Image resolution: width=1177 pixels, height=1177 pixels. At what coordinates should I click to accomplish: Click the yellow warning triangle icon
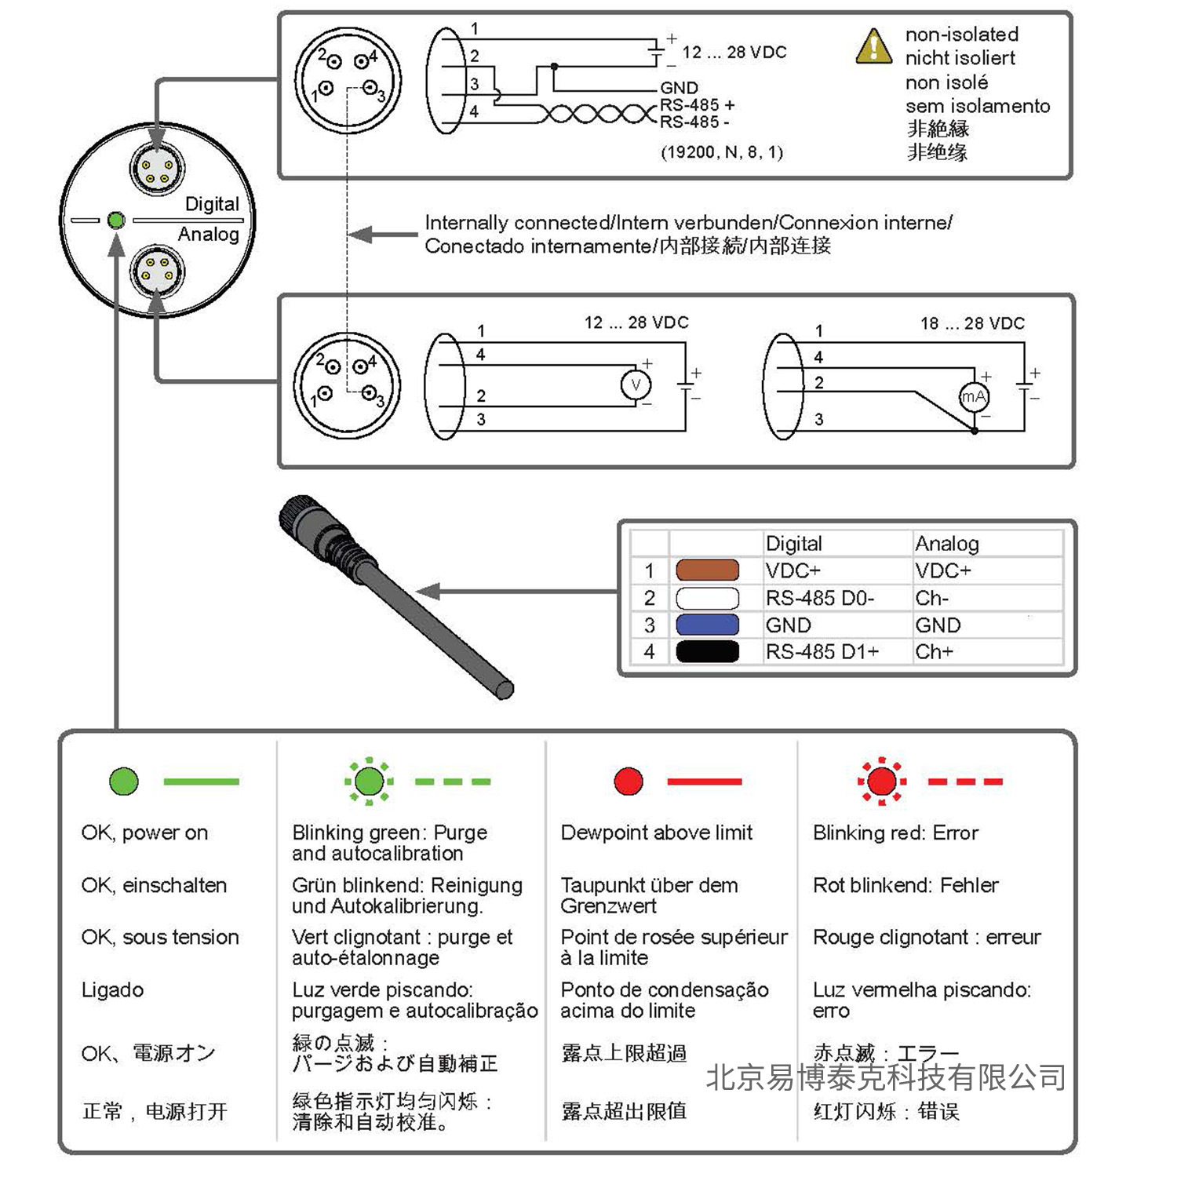click(x=873, y=46)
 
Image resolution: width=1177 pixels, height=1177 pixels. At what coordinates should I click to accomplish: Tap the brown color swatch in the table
click(x=707, y=570)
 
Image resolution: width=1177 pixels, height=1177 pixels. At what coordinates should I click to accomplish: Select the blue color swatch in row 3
click(x=707, y=625)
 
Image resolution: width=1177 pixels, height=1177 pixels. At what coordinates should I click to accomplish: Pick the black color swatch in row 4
click(x=707, y=651)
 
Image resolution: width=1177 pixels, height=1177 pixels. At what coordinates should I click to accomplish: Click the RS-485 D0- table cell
click(x=819, y=598)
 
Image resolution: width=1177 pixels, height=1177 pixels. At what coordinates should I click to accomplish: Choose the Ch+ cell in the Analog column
click(x=934, y=651)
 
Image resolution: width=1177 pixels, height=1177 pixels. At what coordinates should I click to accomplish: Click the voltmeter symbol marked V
click(x=636, y=384)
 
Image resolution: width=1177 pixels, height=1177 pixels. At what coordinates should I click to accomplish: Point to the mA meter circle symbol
click(x=974, y=397)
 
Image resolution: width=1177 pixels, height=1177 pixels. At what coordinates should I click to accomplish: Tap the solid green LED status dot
click(x=124, y=781)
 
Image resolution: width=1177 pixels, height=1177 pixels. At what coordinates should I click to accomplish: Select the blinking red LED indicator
click(x=882, y=781)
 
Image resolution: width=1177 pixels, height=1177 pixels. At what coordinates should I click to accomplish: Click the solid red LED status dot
click(x=628, y=781)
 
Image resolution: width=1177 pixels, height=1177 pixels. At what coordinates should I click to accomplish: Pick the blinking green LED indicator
click(x=369, y=781)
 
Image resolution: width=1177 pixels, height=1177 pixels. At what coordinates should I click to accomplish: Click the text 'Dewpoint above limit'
click(x=656, y=833)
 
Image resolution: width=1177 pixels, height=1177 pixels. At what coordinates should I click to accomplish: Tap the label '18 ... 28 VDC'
click(x=972, y=323)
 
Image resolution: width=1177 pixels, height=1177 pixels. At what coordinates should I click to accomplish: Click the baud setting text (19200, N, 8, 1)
click(x=721, y=152)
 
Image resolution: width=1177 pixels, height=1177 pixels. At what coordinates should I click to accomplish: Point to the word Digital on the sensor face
click(x=212, y=204)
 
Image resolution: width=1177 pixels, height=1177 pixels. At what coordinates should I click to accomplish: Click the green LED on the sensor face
click(x=116, y=220)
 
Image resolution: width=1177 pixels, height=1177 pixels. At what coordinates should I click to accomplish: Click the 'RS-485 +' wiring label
click(x=697, y=105)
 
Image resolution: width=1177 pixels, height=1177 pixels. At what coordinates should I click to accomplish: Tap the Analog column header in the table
click(x=947, y=543)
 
